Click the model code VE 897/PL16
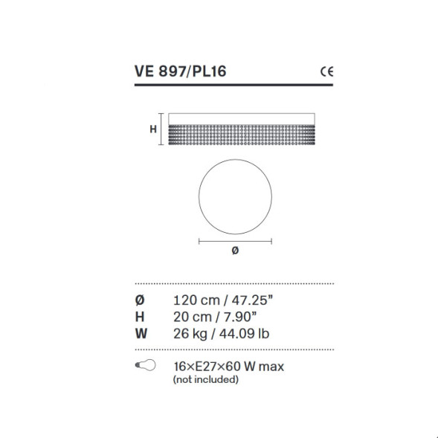180,71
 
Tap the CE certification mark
326,72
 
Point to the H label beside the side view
152,129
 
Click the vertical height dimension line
161,129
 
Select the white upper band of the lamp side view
242,119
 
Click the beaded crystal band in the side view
242,135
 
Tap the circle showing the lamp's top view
235,159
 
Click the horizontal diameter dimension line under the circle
235,241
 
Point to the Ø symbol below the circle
235,251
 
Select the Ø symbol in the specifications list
140,300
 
